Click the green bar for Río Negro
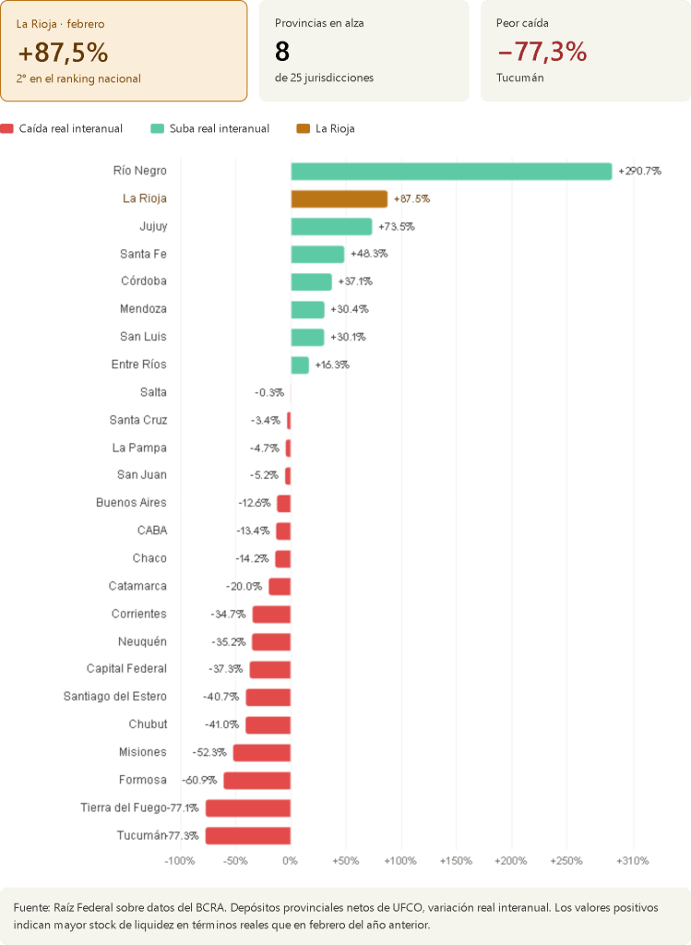[x=451, y=171]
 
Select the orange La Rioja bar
[x=339, y=198]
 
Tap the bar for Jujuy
[x=331, y=226]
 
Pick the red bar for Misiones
[x=261, y=752]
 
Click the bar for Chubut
[x=268, y=724]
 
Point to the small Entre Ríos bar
[x=300, y=365]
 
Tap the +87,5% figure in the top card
[x=63, y=52]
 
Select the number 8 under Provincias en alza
[x=282, y=52]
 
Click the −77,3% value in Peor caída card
[x=542, y=52]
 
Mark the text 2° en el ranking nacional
[x=78, y=78]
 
